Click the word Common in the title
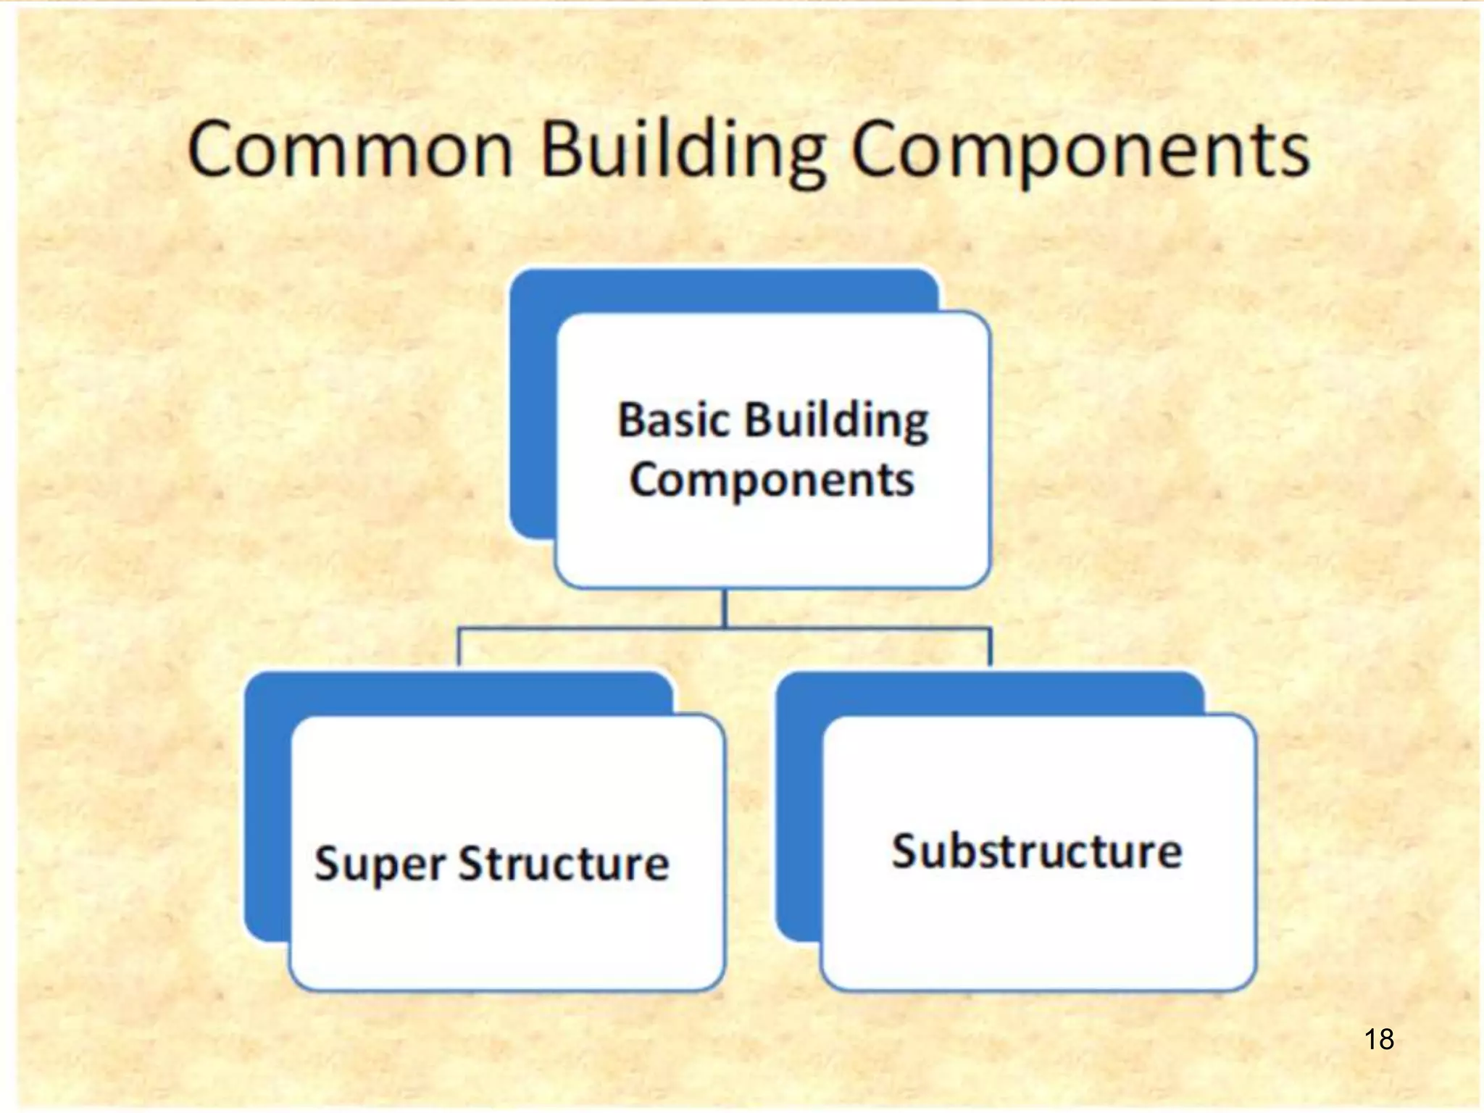pyautogui.click(x=351, y=151)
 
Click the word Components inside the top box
pyautogui.click(x=772, y=480)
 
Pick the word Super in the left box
pyautogui.click(x=380, y=864)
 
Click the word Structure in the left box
pyautogui.click(x=564, y=863)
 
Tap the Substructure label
pyautogui.click(x=1037, y=851)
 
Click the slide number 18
pyautogui.click(x=1379, y=1039)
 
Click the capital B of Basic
pyautogui.click(x=631, y=420)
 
